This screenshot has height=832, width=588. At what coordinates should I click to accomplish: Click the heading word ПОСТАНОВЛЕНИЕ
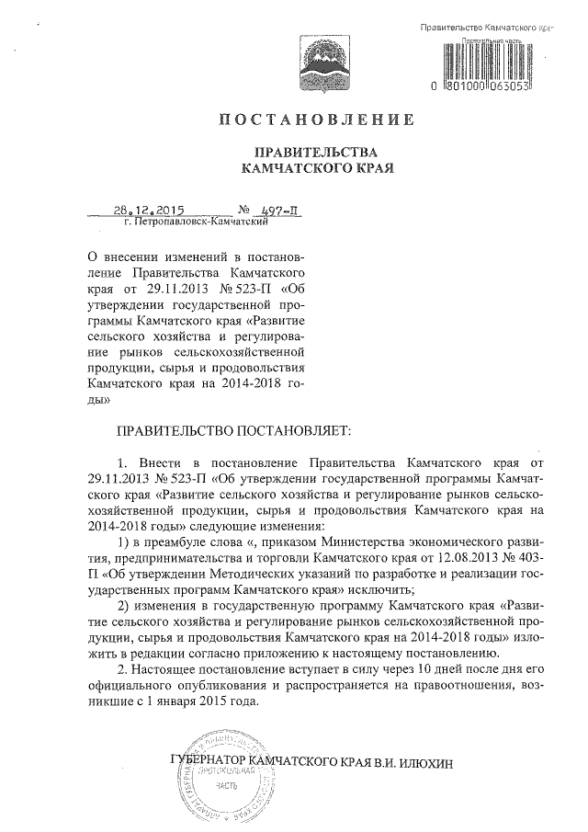click(316, 120)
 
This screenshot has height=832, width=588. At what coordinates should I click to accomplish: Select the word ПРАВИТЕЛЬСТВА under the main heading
click(316, 153)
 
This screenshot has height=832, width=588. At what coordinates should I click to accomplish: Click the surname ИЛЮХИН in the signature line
click(426, 763)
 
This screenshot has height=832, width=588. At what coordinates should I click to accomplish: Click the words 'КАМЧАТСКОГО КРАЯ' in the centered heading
click(316, 169)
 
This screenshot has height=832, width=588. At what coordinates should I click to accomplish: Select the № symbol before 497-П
click(245, 211)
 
